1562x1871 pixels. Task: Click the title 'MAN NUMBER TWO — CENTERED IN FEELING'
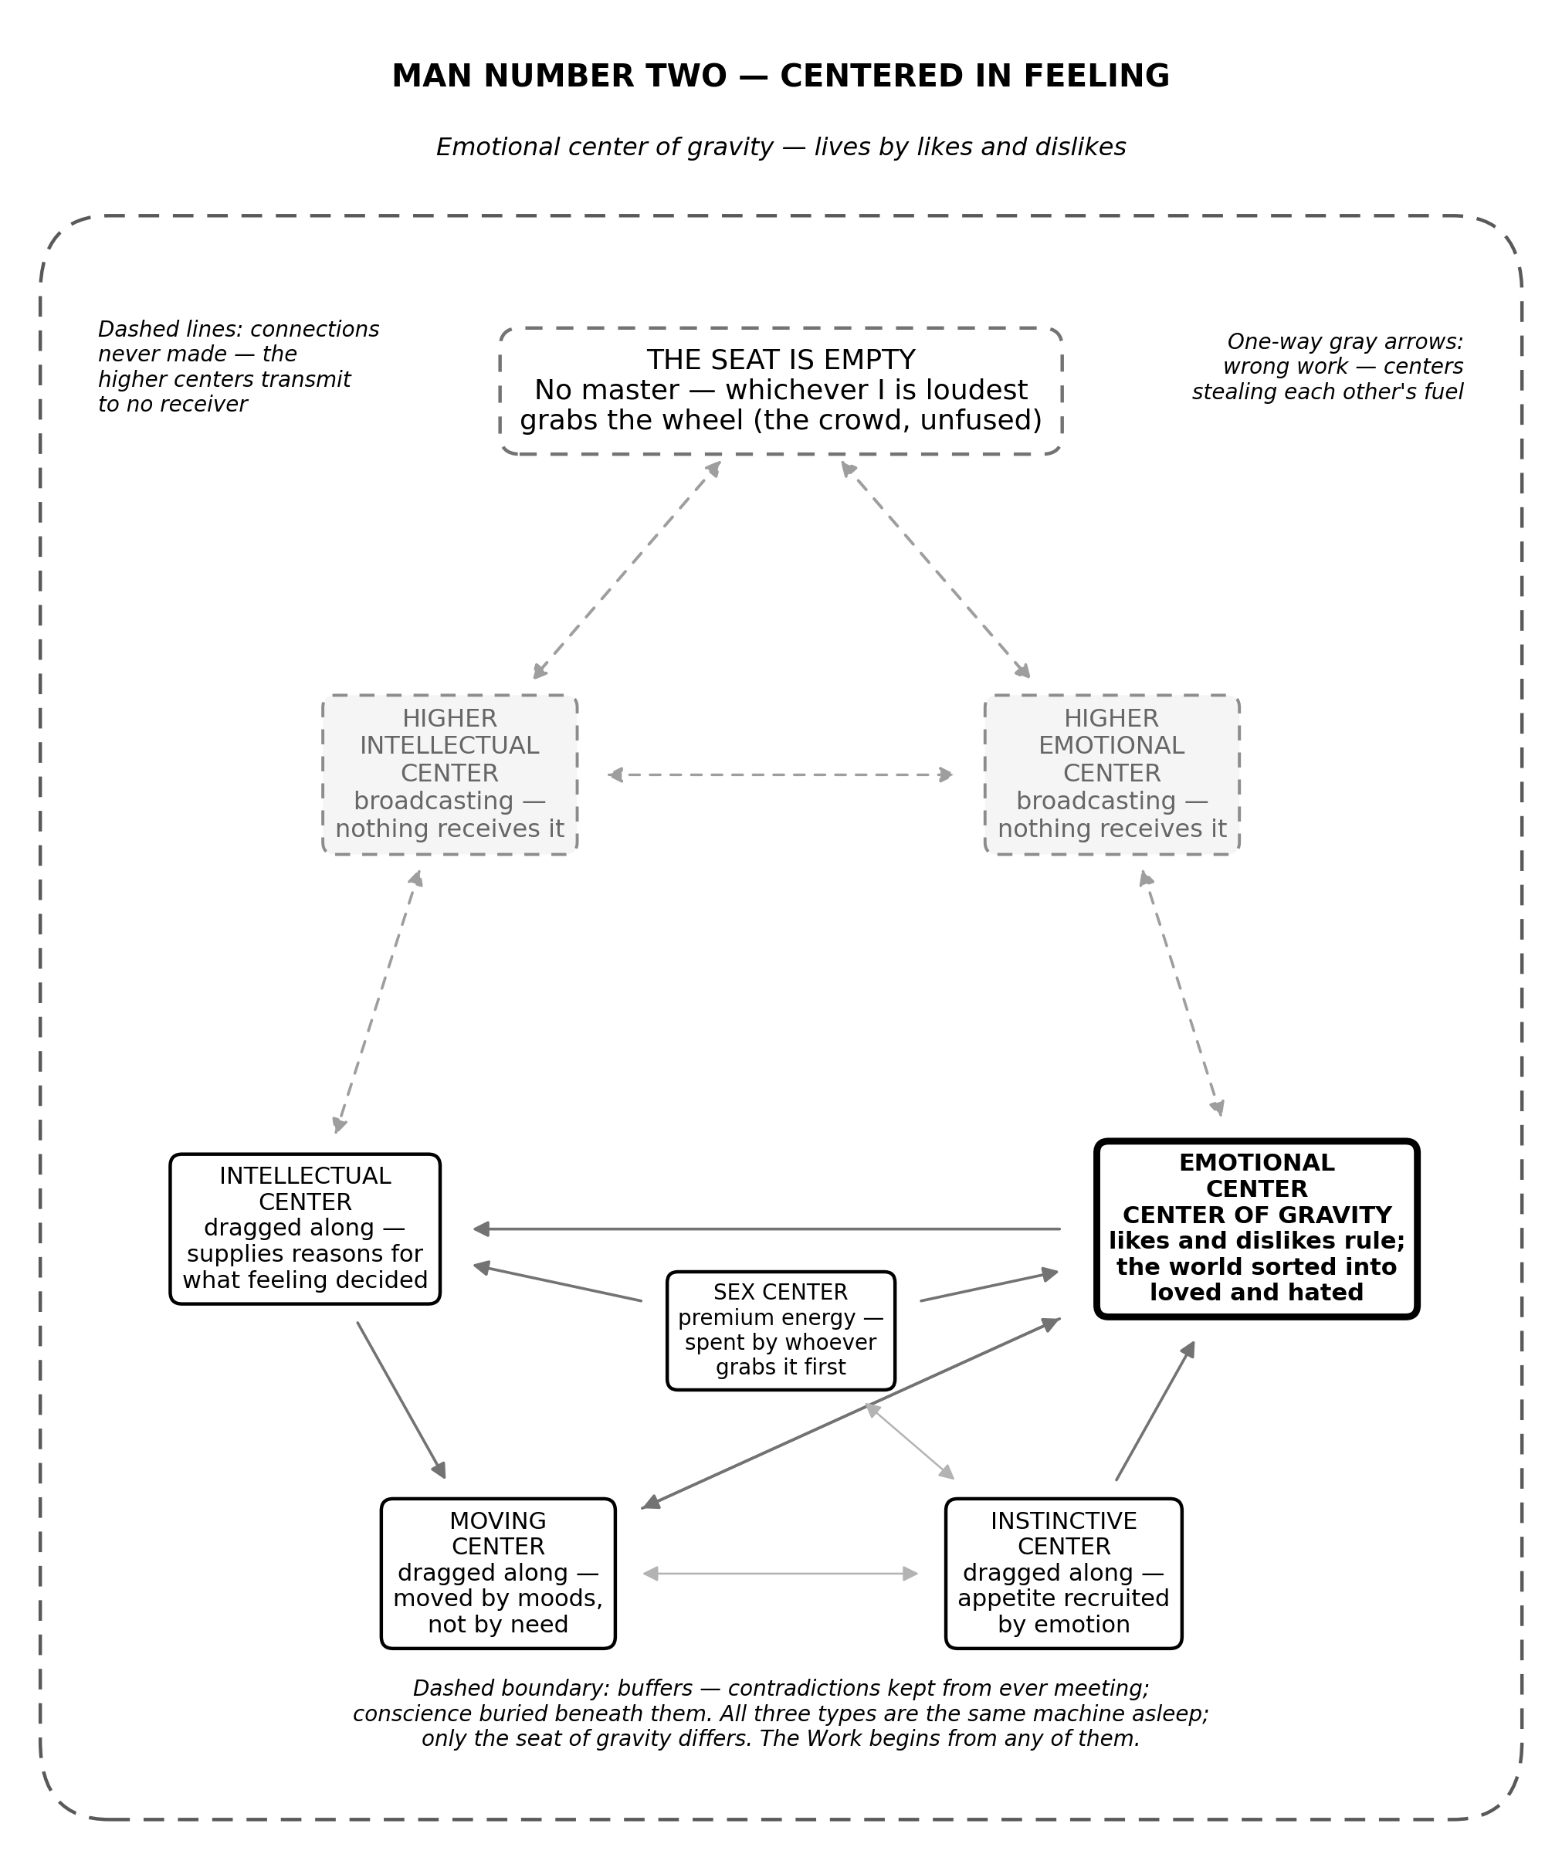pos(781,76)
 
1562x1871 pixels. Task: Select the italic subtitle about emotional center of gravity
pos(781,147)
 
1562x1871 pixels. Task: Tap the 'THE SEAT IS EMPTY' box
pos(781,391)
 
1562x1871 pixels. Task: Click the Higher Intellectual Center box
pos(450,774)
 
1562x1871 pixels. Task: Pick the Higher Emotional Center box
pos(1112,774)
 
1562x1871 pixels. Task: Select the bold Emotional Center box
pos(1256,1229)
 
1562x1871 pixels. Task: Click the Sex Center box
pos(781,1330)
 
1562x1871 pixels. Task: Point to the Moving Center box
pos(498,1574)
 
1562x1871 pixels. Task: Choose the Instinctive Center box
pos(1064,1574)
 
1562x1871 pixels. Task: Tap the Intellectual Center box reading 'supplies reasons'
pos(305,1229)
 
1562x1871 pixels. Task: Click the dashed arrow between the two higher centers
pos(781,775)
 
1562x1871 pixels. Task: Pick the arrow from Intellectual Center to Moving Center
pos(401,1401)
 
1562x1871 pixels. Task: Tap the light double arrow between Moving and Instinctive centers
pos(781,1574)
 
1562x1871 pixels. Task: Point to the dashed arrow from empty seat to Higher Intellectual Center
pos(627,570)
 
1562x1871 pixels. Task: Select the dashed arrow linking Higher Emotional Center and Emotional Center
pos(1181,993)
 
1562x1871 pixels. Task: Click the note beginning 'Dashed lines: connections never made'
pos(239,366)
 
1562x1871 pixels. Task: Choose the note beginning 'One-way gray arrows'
pos(1327,366)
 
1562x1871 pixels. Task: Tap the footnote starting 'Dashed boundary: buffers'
pos(781,1713)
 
